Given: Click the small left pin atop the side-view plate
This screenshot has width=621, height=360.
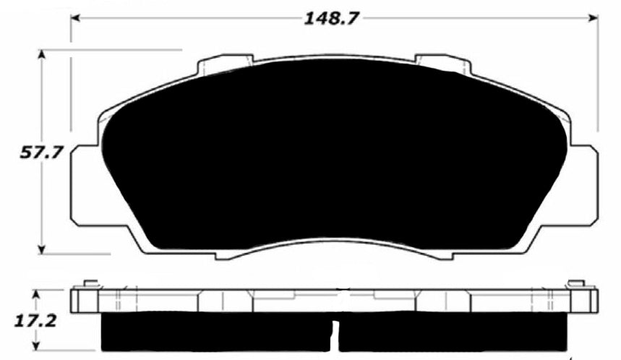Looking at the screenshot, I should coord(90,283).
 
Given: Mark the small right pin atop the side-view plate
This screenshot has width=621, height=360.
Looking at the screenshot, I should coord(576,283).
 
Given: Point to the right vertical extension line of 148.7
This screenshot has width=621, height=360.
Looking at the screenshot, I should coord(598,80).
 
